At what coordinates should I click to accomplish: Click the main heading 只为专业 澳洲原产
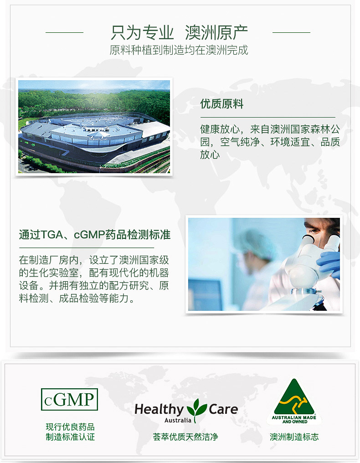pos(179,32)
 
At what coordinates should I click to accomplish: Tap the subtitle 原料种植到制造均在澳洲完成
pos(179,50)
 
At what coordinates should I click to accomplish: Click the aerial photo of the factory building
pos(94,126)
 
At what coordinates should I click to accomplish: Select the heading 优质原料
pos(222,104)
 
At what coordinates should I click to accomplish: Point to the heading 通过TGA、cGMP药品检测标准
pos(95,235)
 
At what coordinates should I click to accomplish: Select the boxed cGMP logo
pos(69,400)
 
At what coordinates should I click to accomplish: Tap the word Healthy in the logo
pos(159,410)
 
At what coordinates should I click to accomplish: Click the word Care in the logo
pos(223,409)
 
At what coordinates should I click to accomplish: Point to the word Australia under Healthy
pos(178,420)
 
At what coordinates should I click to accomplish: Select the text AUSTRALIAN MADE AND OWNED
pos(294,420)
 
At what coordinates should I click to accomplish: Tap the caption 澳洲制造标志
pos(294,437)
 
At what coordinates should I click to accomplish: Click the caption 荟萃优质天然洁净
pos(185,437)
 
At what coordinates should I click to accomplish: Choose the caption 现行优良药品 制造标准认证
pos(70,432)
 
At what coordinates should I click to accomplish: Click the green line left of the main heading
pos(64,32)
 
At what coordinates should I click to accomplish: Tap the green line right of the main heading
pos(291,32)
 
